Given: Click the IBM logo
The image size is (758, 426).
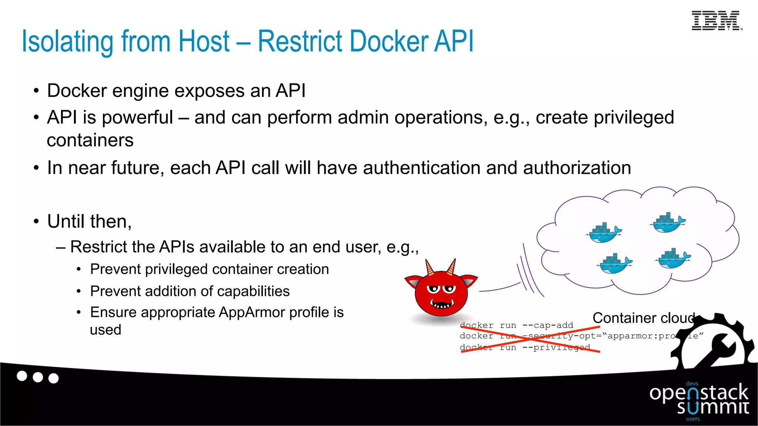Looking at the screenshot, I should click(717, 21).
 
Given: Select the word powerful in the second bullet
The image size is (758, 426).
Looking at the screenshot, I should click(137, 118).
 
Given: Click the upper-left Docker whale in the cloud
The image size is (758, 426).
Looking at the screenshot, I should click(604, 233).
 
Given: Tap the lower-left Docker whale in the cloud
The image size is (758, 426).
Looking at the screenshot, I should click(614, 263).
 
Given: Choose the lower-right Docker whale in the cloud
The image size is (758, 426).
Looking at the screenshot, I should click(673, 258).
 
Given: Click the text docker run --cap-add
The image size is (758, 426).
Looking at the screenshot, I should click(516, 325).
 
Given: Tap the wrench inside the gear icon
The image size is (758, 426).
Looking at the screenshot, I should click(712, 351).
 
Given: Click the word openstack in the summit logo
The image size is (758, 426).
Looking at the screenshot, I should click(698, 393).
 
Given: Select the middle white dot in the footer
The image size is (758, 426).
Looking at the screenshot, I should click(38, 377).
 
